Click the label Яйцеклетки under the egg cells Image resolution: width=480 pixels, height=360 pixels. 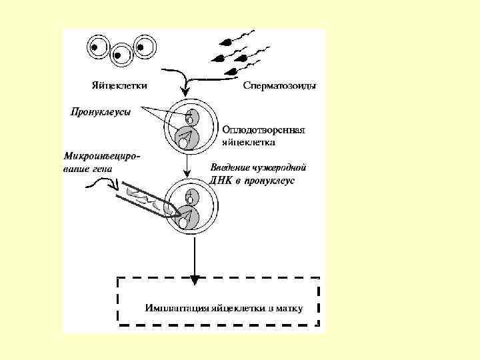[119, 85]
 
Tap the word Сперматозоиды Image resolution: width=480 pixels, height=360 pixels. [279, 85]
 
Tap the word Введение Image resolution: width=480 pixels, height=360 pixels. [231, 167]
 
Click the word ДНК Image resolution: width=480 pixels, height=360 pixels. [220, 180]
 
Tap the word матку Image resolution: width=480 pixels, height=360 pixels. [289, 309]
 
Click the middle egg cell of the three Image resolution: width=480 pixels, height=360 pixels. [120, 55]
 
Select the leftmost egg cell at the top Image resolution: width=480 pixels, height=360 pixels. [97, 47]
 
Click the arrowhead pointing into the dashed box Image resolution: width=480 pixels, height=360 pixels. [194, 277]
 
